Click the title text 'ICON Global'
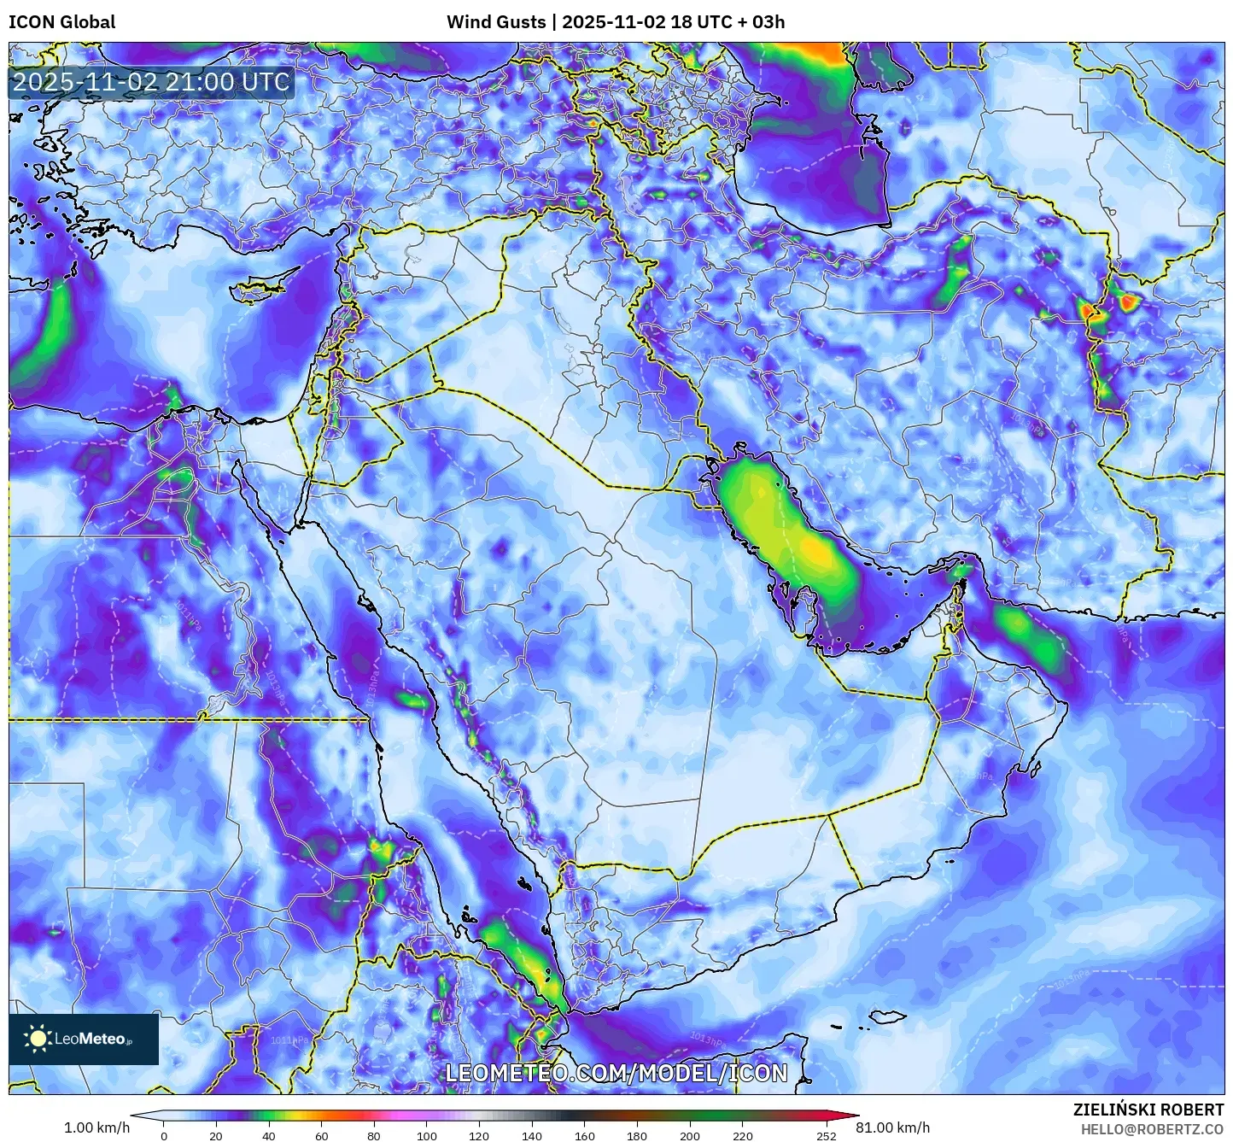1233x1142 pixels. point(61,22)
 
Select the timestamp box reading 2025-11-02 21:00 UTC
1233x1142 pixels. point(151,82)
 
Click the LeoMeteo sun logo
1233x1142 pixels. point(38,1039)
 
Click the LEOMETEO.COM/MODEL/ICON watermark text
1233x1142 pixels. point(616,1073)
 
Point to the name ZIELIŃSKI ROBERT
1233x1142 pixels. point(1148,1110)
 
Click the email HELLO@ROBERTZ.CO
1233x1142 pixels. point(1152,1129)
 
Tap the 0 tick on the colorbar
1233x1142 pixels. point(164,1135)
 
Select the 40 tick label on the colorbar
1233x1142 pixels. point(269,1135)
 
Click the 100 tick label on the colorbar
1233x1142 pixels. point(427,1135)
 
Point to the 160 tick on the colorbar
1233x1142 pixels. point(585,1135)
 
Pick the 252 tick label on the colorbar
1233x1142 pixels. point(826,1135)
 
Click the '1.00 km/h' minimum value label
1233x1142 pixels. point(96,1127)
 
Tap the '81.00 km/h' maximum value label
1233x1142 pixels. point(893,1127)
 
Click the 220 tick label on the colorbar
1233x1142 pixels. point(743,1135)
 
